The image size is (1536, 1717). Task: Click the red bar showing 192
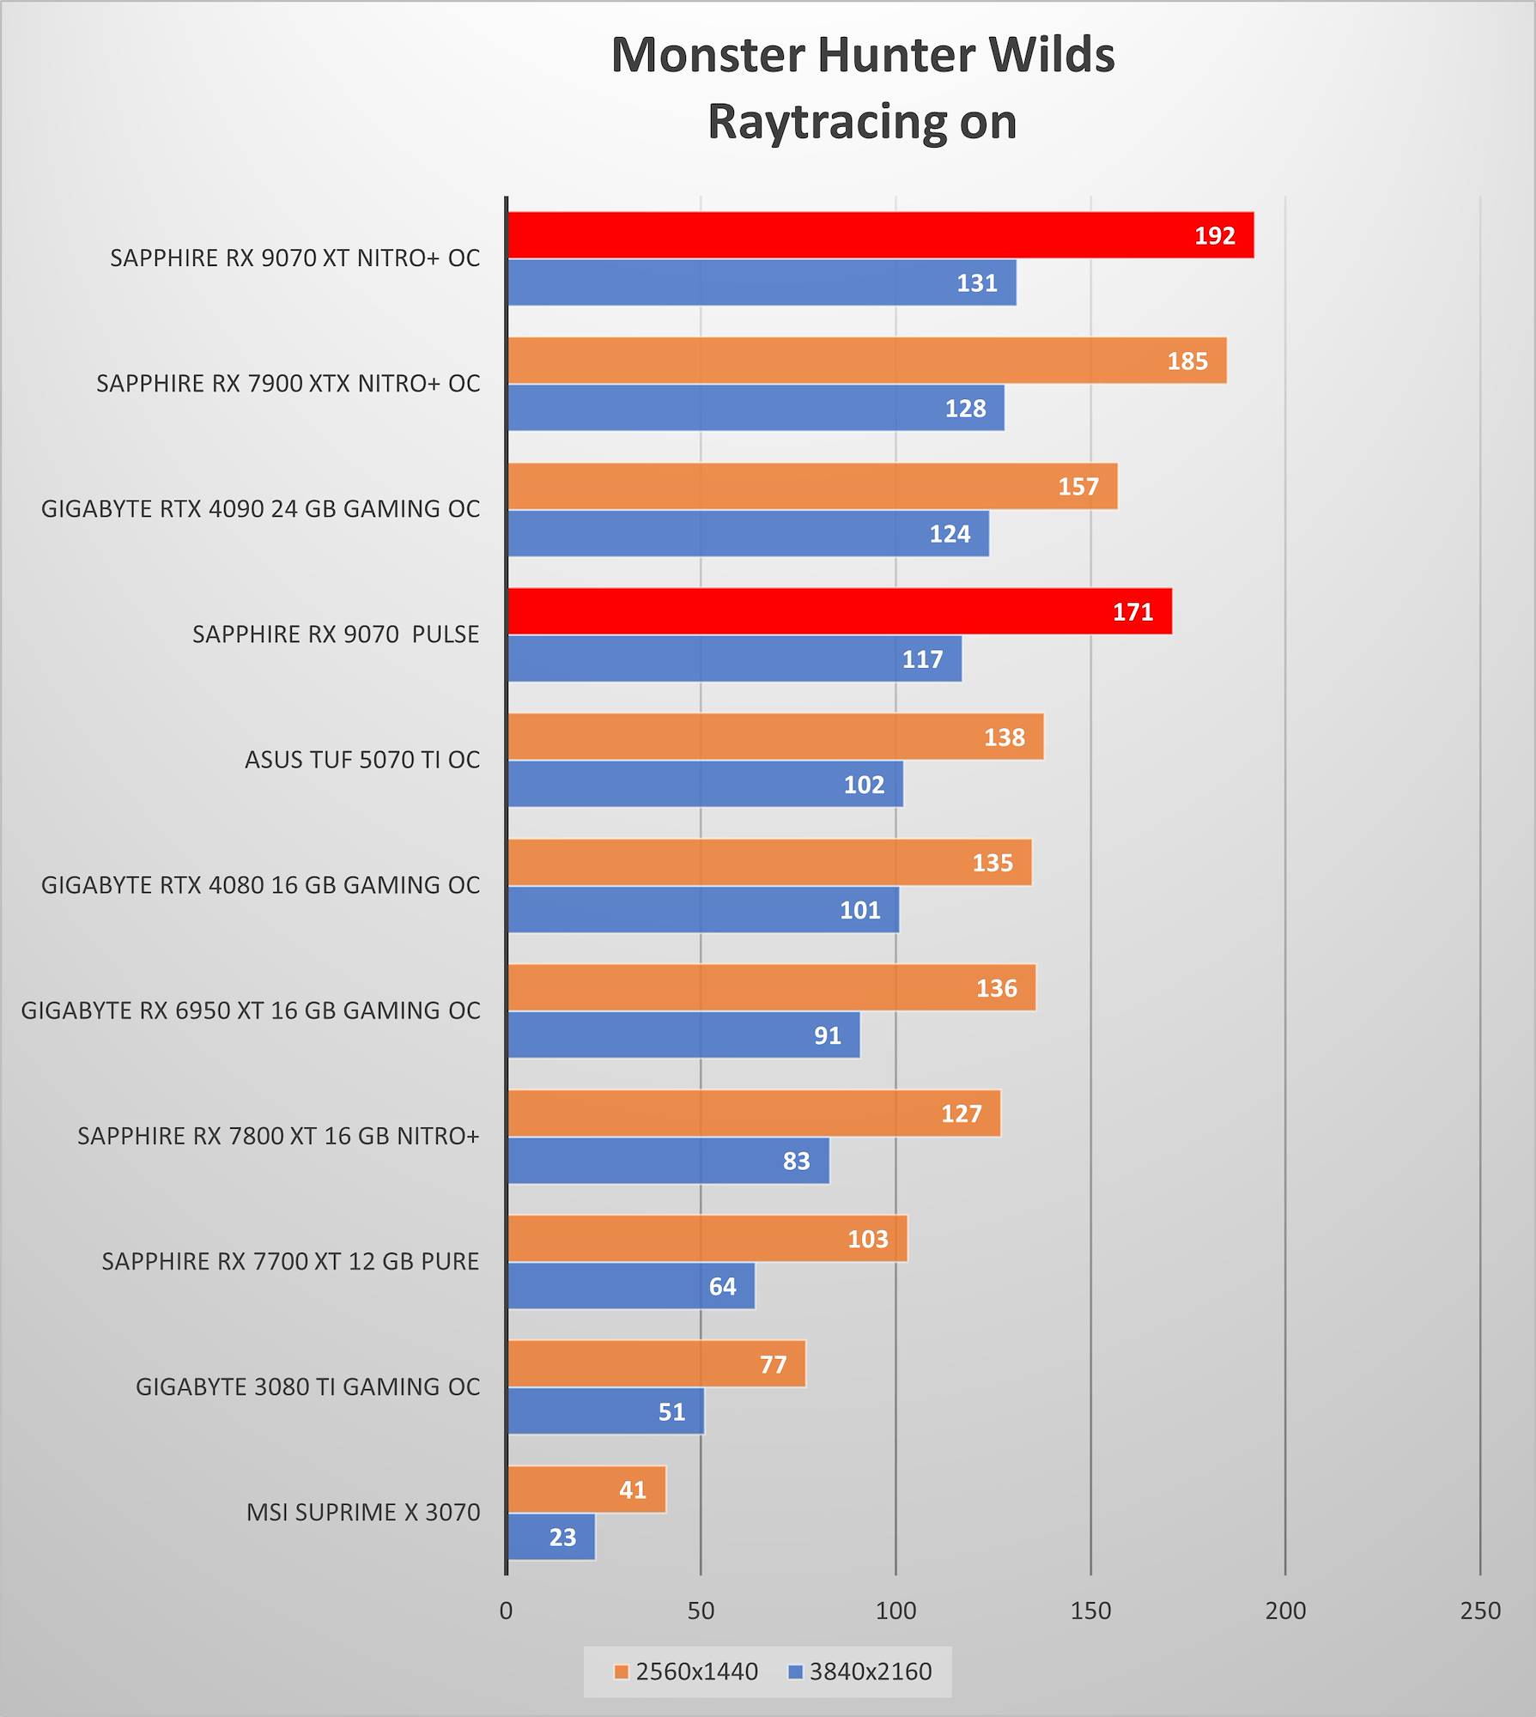pyautogui.click(x=880, y=235)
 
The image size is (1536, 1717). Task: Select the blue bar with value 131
pyautogui.click(x=762, y=282)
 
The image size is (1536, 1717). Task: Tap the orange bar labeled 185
pyautogui.click(x=866, y=361)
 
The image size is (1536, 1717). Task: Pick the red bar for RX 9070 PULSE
pyautogui.click(x=839, y=611)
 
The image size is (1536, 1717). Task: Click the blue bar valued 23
pyautogui.click(x=550, y=1537)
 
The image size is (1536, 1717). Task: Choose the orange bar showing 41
pyautogui.click(x=586, y=1489)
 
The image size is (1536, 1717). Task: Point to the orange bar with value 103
pyautogui.click(x=707, y=1239)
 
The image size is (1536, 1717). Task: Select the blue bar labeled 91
pyautogui.click(x=683, y=1034)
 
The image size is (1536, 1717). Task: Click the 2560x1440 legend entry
pyautogui.click(x=687, y=1671)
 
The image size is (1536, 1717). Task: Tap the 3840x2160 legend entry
pyautogui.click(x=861, y=1671)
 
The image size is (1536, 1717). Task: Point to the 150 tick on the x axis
pyautogui.click(x=1090, y=1611)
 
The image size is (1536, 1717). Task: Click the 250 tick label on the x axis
pyautogui.click(x=1480, y=1611)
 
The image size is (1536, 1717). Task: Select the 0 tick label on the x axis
pyautogui.click(x=507, y=1611)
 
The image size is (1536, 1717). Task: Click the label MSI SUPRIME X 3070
pyautogui.click(x=363, y=1512)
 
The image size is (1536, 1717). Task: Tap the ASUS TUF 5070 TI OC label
pyautogui.click(x=362, y=760)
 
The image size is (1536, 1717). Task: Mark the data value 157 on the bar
pyautogui.click(x=1078, y=487)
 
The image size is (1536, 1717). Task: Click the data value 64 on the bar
pyautogui.click(x=722, y=1286)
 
